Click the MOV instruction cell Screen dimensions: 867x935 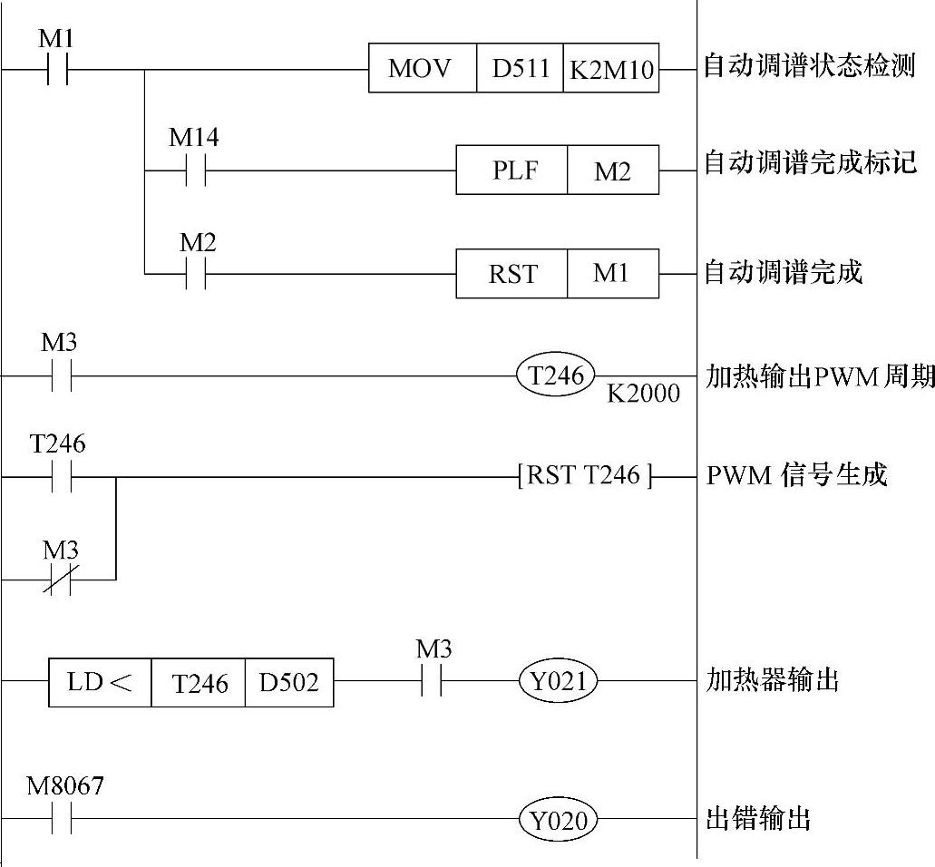pyautogui.click(x=422, y=69)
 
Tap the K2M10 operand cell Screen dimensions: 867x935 pyautogui.click(x=611, y=69)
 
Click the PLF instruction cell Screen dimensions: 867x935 pyautogui.click(x=511, y=170)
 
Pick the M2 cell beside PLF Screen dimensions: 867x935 pyautogui.click(x=612, y=170)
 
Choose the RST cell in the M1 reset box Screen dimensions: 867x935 pyautogui.click(x=511, y=273)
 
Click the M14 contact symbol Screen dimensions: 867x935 pyautogui.click(x=195, y=170)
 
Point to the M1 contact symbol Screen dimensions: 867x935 pyautogui.click(x=57, y=69)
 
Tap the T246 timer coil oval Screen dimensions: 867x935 pyautogui.click(x=556, y=374)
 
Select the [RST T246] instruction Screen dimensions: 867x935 pyautogui.click(x=584, y=475)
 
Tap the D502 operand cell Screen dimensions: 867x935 pyautogui.click(x=288, y=681)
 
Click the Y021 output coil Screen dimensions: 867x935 pyautogui.click(x=558, y=681)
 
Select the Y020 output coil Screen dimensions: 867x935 pyautogui.click(x=558, y=820)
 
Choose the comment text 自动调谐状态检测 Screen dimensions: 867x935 pyautogui.click(x=810, y=67)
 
